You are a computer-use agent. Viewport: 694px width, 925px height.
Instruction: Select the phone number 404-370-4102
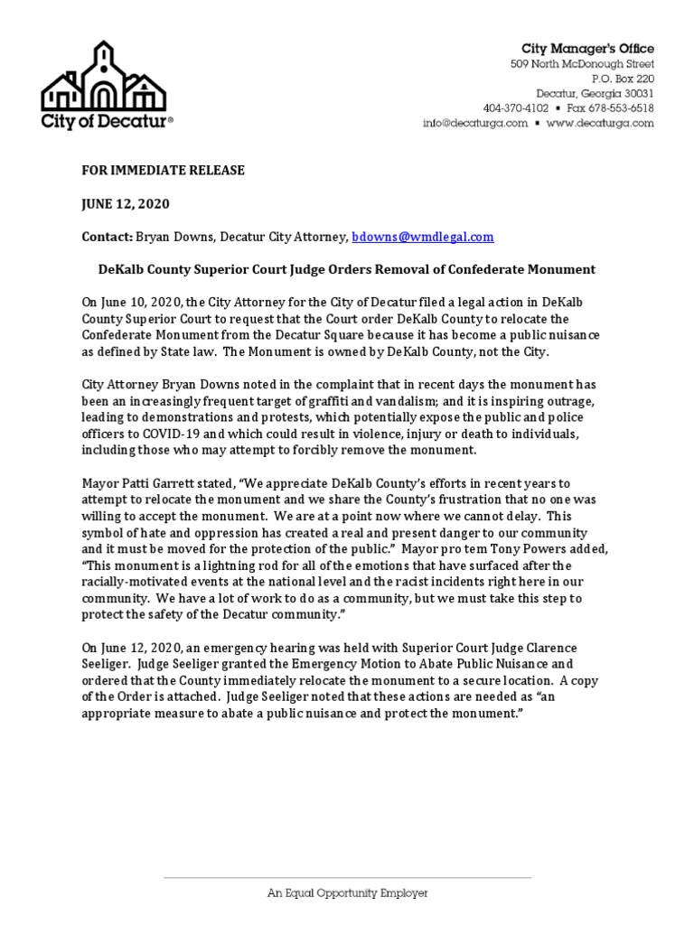coord(515,108)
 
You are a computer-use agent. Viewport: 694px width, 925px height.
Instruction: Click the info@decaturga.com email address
coord(474,124)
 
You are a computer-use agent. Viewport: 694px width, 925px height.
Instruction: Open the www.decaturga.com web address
coord(599,124)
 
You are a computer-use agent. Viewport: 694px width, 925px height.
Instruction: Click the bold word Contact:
coord(108,237)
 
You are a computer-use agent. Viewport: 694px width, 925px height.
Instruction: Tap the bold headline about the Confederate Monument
coord(346,269)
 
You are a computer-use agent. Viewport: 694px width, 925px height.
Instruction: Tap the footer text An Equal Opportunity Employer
coord(347,892)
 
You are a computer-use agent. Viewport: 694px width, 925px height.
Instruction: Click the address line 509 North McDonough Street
coord(582,64)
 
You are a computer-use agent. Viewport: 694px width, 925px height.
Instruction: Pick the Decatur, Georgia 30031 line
coord(595,94)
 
